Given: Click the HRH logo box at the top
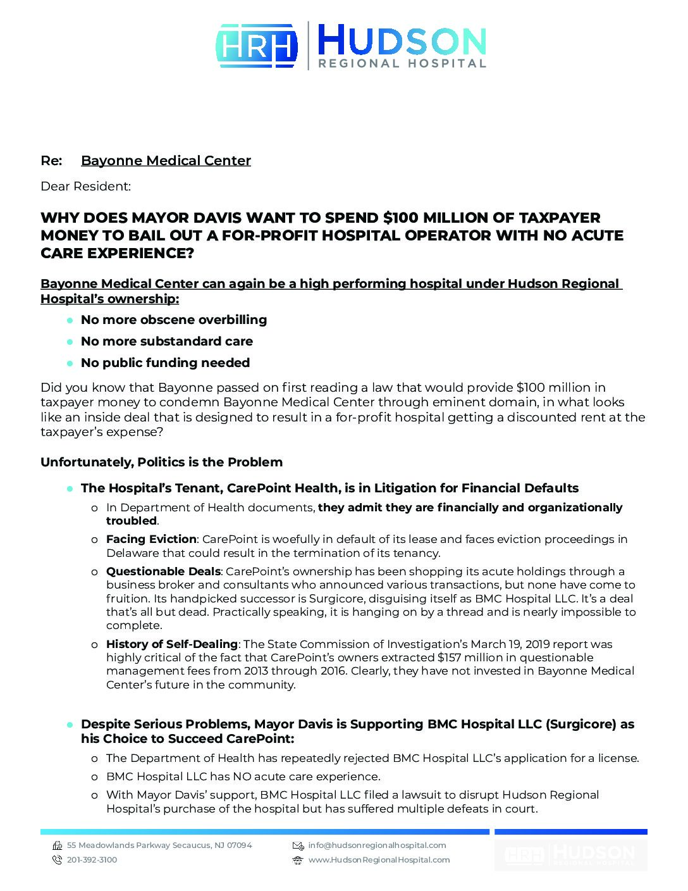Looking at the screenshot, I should tap(257, 46).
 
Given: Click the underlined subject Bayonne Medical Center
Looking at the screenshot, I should tap(166, 161).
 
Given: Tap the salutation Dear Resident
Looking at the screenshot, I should tap(85, 186).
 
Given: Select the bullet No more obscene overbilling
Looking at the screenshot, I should tap(174, 320).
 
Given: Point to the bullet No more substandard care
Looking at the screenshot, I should tap(167, 341).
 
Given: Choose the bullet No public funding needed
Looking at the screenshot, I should tap(165, 363).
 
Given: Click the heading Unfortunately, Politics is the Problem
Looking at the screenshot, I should tap(161, 462).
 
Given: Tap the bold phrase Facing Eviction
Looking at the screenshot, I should tap(151, 539).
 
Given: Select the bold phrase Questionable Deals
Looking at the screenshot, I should tap(163, 571).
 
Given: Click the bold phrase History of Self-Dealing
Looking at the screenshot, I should tap(171, 644).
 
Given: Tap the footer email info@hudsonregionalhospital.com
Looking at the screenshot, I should tap(377, 845).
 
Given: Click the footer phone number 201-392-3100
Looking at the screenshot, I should tap(92, 860).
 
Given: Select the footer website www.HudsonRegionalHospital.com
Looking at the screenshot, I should tap(379, 860).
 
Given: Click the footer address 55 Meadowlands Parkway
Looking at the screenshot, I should tap(117, 845).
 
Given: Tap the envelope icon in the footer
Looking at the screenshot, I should tap(298, 845).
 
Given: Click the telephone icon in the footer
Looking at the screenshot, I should tap(57, 860).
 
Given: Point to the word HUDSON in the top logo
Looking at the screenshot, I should tap(402, 40).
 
